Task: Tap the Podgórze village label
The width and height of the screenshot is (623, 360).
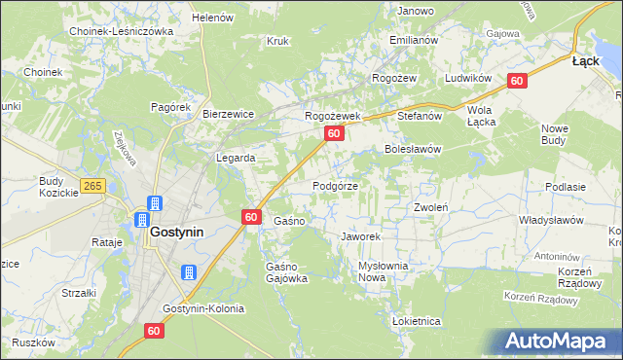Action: coord(335,186)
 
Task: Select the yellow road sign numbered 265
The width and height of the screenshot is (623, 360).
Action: coord(92,186)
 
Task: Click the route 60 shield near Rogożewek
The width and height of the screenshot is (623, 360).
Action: coord(334,133)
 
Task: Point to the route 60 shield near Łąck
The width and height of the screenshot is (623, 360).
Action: coord(517,82)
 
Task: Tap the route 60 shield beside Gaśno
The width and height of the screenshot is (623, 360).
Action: coord(251,218)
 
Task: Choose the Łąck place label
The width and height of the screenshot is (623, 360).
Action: coord(585,60)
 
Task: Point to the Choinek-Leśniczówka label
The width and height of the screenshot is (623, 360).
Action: coord(121,31)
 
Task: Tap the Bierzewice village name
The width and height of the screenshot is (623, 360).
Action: coord(228,114)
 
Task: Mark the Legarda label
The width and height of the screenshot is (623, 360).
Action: coord(236,158)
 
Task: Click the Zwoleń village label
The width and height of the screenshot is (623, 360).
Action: coord(430,207)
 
